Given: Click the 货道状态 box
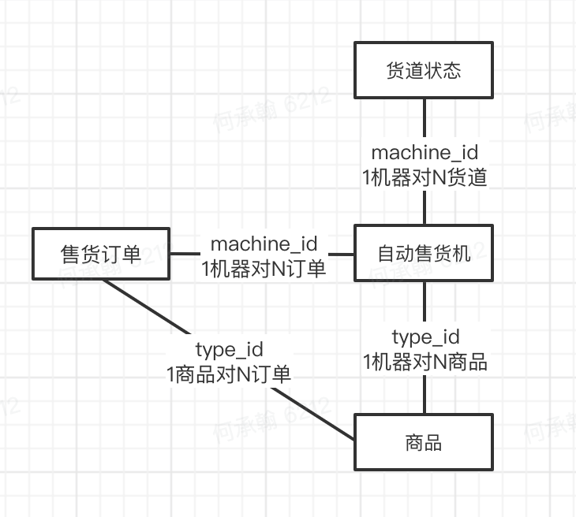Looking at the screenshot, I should click(x=425, y=71).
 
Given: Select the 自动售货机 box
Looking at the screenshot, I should click(x=425, y=253).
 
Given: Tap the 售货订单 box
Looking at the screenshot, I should click(x=101, y=254).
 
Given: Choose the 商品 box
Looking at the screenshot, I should click(x=425, y=442).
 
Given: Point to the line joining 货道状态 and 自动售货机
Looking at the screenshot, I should click(x=425, y=118).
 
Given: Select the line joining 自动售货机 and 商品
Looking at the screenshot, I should click(x=425, y=303).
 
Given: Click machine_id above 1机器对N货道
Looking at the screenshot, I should click(x=425, y=152).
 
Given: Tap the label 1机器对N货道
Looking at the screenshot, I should click(x=425, y=178).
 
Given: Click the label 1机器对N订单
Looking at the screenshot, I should click(x=264, y=269).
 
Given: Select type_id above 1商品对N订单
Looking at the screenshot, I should click(x=229, y=349).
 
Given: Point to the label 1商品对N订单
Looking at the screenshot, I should click(x=229, y=374).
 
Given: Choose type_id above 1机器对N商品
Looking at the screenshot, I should click(x=425, y=337).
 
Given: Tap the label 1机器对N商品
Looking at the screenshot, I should click(x=425, y=362).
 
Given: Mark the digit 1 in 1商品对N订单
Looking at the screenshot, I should click(x=170, y=374).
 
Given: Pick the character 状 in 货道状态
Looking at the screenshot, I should click(x=433, y=71).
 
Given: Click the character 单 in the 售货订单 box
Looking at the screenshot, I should click(x=132, y=254).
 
